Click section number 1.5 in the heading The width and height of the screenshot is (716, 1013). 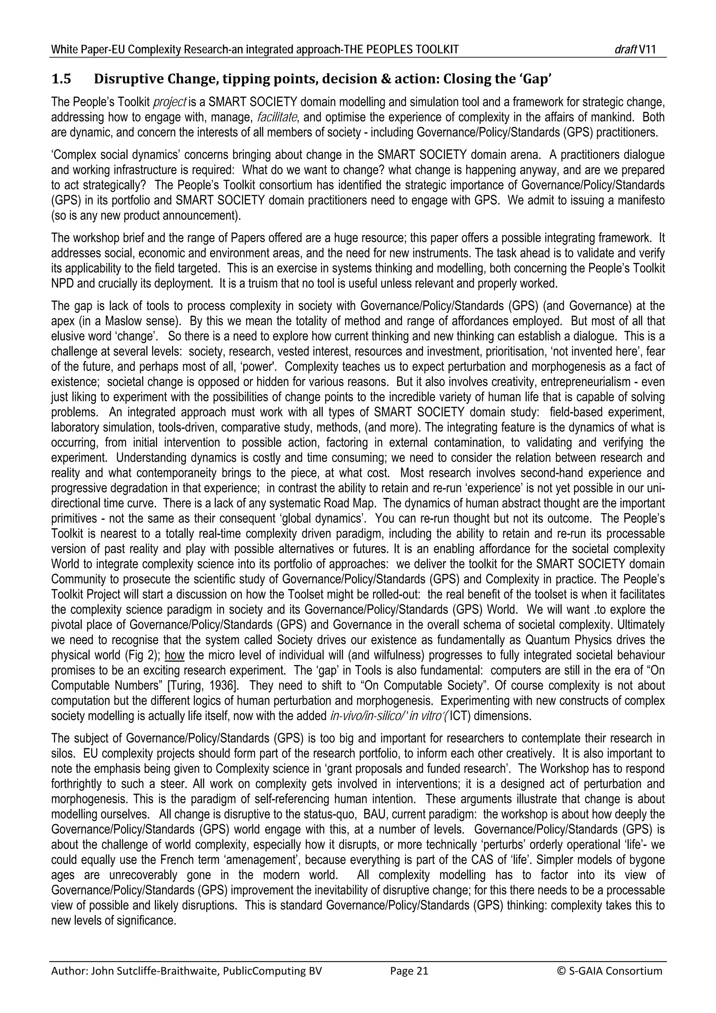[61, 79]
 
